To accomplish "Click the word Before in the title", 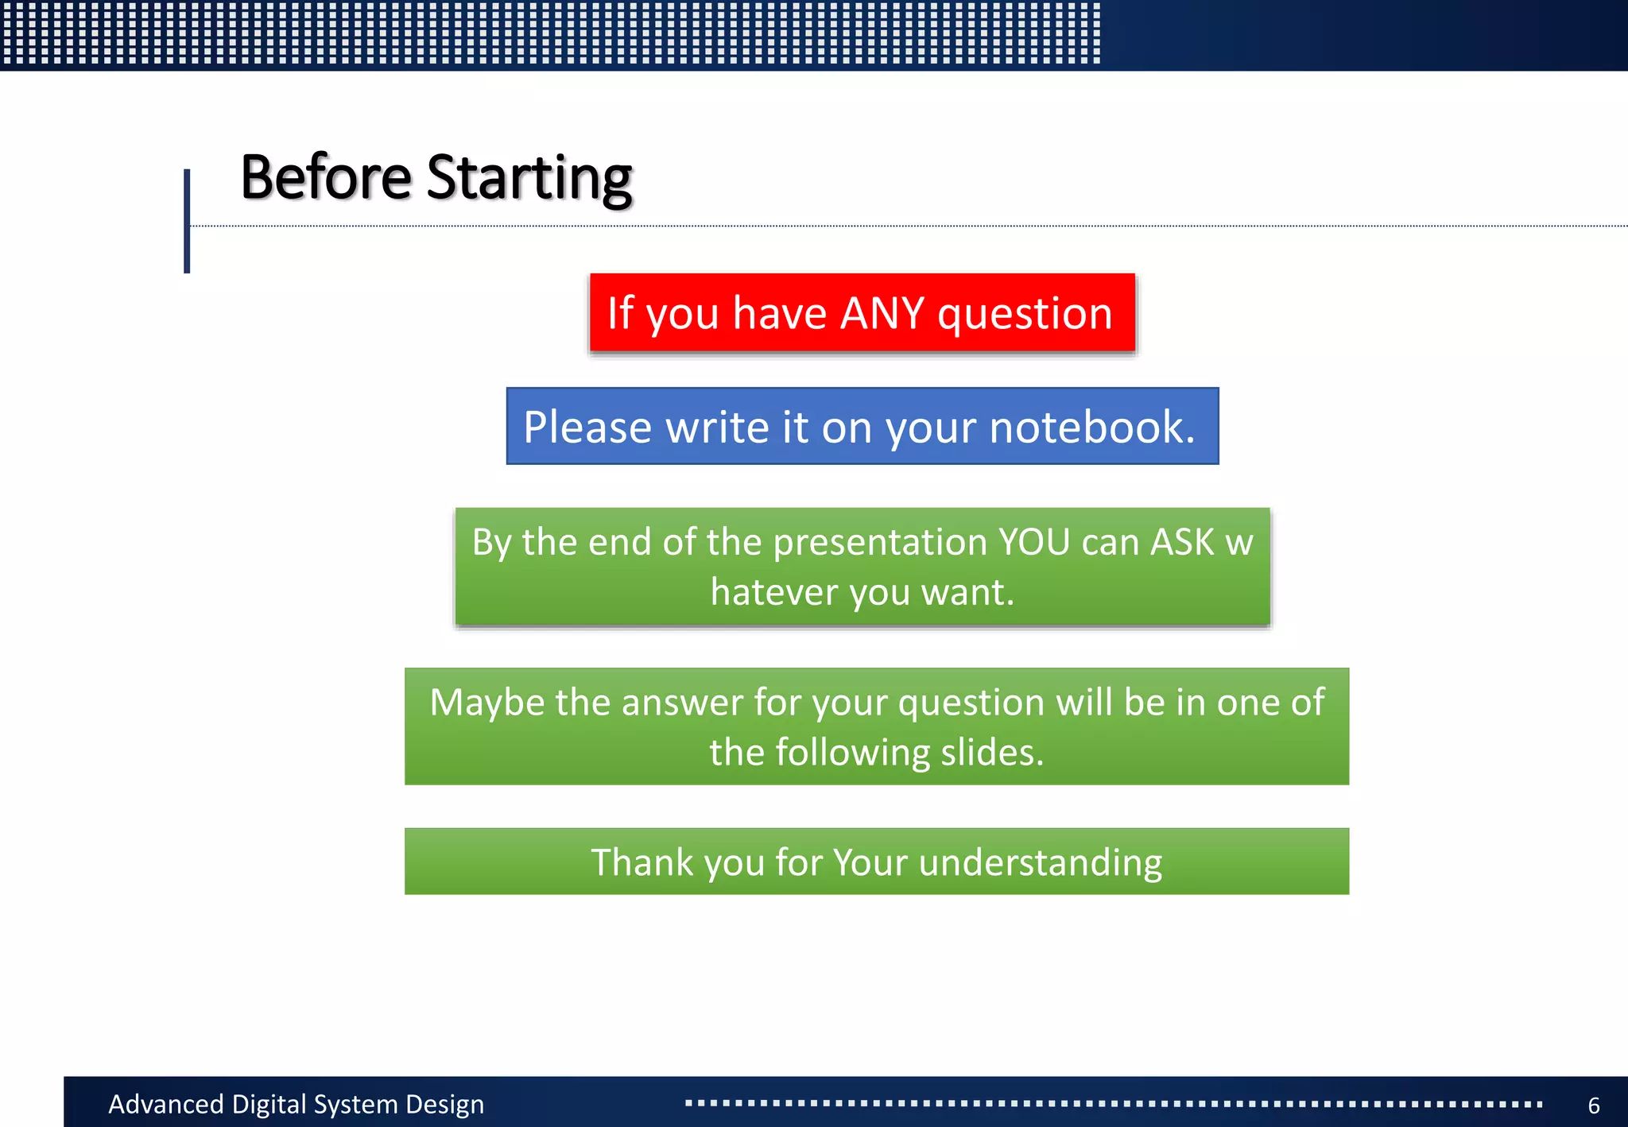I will [326, 177].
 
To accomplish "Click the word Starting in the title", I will [529, 179].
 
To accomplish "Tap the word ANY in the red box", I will [882, 313].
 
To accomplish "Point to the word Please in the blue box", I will [587, 428].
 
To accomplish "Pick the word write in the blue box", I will [717, 428].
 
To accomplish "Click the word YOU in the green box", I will [1033, 542].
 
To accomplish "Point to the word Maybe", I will [486, 703].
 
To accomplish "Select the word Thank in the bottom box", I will [642, 862].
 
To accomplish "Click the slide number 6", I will [1593, 1106].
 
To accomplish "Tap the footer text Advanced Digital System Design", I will [296, 1105].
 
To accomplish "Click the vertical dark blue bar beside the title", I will [187, 221].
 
